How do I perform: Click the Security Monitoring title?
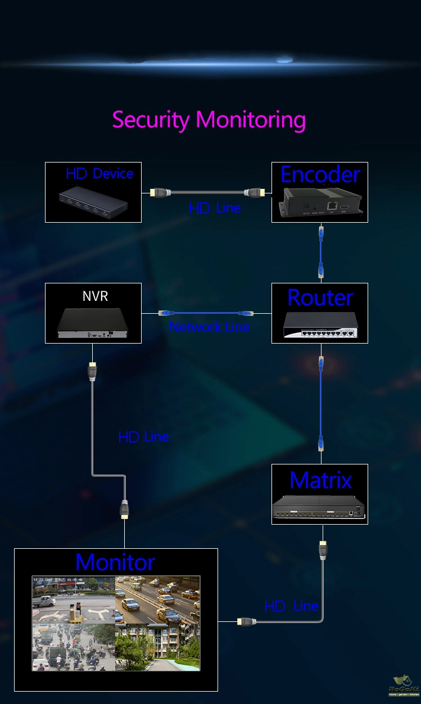click(x=209, y=120)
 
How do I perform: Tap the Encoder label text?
click(x=320, y=175)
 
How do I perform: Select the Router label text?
click(x=320, y=297)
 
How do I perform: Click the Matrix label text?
click(x=320, y=480)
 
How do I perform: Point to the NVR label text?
click(x=95, y=296)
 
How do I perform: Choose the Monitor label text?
click(x=115, y=562)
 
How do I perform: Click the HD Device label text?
click(x=99, y=174)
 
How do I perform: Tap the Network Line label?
click(x=209, y=327)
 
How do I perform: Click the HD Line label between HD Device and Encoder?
click(x=215, y=208)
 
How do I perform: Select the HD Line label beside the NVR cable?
click(x=143, y=437)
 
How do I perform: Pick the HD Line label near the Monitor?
click(x=291, y=606)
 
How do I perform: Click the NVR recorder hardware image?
click(x=93, y=325)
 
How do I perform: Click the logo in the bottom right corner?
click(x=404, y=686)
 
